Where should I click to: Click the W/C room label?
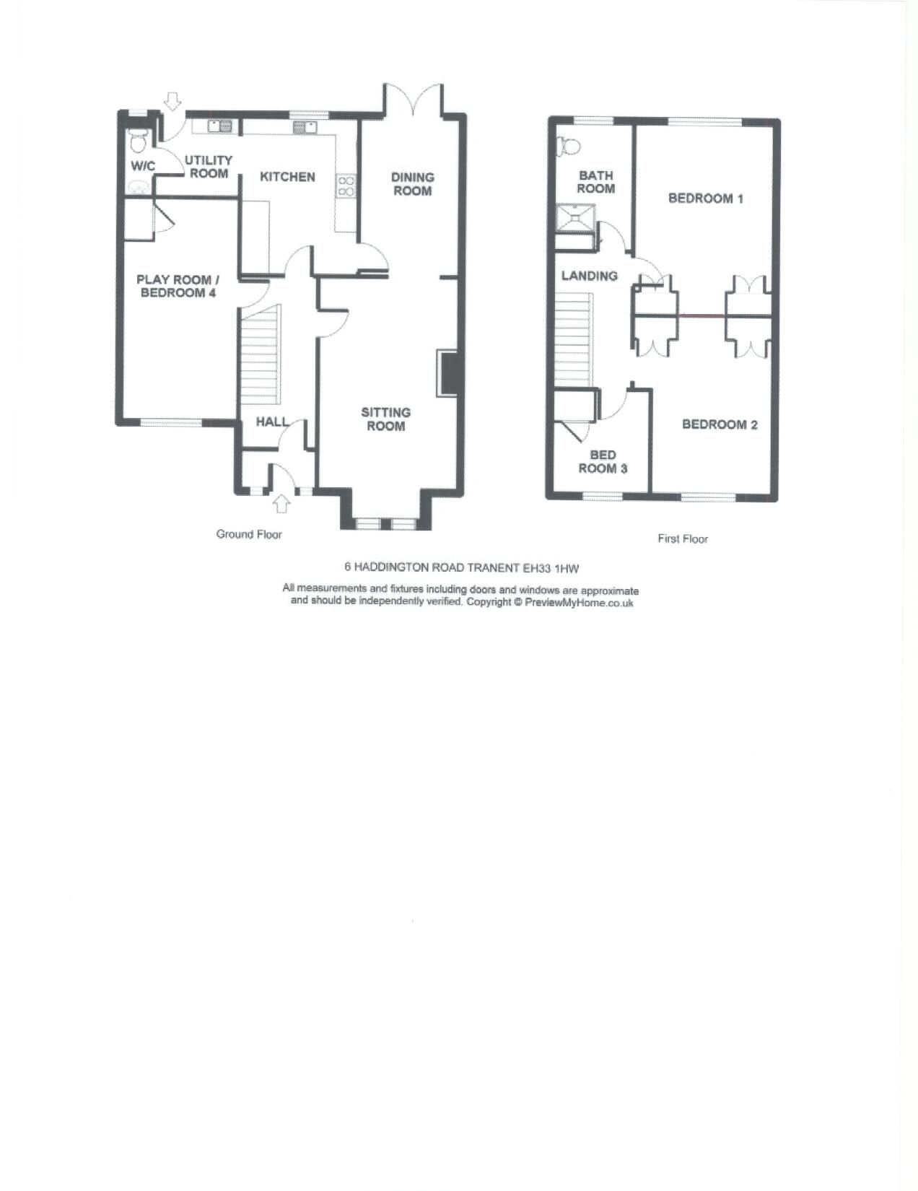143,166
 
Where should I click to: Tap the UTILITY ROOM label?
209,167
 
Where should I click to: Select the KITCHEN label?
287,177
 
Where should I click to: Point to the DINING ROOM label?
413,184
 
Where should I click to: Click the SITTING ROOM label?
386,419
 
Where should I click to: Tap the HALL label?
271,422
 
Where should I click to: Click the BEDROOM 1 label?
705,198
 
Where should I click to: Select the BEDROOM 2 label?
720,424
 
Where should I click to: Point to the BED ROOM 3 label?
603,462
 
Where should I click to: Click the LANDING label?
590,276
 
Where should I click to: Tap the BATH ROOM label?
596,182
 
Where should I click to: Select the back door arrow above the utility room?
172,101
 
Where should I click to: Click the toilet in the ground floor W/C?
136,140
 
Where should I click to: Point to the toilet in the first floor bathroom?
569,146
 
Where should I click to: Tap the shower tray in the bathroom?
575,217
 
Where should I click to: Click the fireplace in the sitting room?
447,373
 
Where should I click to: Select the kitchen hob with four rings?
346,186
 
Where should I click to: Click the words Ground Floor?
249,535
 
